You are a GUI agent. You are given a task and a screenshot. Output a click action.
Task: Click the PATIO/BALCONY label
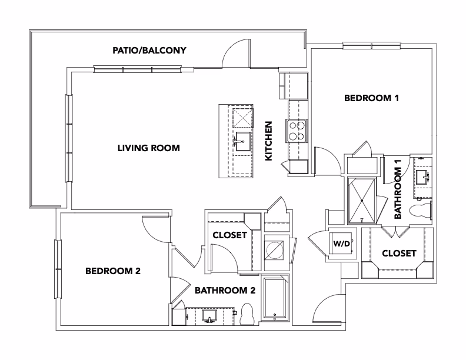pyautogui.click(x=149, y=51)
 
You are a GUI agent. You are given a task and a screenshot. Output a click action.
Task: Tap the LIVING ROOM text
pyautogui.click(x=149, y=148)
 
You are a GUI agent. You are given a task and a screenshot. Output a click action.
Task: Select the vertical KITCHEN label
pyautogui.click(x=269, y=141)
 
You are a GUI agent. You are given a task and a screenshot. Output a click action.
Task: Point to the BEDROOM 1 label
pyautogui.click(x=371, y=98)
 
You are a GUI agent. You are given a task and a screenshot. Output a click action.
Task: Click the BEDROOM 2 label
pyautogui.click(x=113, y=271)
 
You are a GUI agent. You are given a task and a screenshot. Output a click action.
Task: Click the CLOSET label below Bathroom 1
pyautogui.click(x=399, y=254)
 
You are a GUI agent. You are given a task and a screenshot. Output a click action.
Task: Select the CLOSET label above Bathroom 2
pyautogui.click(x=229, y=235)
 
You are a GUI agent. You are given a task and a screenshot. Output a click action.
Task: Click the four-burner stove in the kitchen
pyautogui.click(x=296, y=130)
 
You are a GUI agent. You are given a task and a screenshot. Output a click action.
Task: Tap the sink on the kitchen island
pyautogui.click(x=242, y=142)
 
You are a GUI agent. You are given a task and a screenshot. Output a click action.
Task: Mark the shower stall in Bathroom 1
pyautogui.click(x=362, y=200)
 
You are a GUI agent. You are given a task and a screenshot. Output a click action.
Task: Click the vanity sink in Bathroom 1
pyautogui.click(x=422, y=175)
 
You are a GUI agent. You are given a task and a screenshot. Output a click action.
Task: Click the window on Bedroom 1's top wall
pyautogui.click(x=372, y=45)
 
